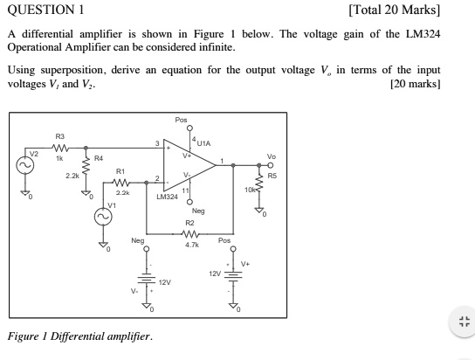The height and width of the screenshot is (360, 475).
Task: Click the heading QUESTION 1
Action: tap(45, 10)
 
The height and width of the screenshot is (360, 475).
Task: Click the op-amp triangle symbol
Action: tap(189, 164)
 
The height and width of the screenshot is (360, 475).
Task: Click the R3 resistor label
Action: tap(59, 136)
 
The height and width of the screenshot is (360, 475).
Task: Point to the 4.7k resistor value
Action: tap(192, 246)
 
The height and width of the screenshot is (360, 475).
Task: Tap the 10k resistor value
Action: tap(251, 190)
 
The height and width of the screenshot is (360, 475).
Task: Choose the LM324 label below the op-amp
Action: tap(167, 197)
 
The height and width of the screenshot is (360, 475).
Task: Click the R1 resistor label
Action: tap(120, 170)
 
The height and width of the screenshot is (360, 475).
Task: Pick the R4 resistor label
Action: tap(98, 158)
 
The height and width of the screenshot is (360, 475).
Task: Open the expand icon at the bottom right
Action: tap(464, 321)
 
